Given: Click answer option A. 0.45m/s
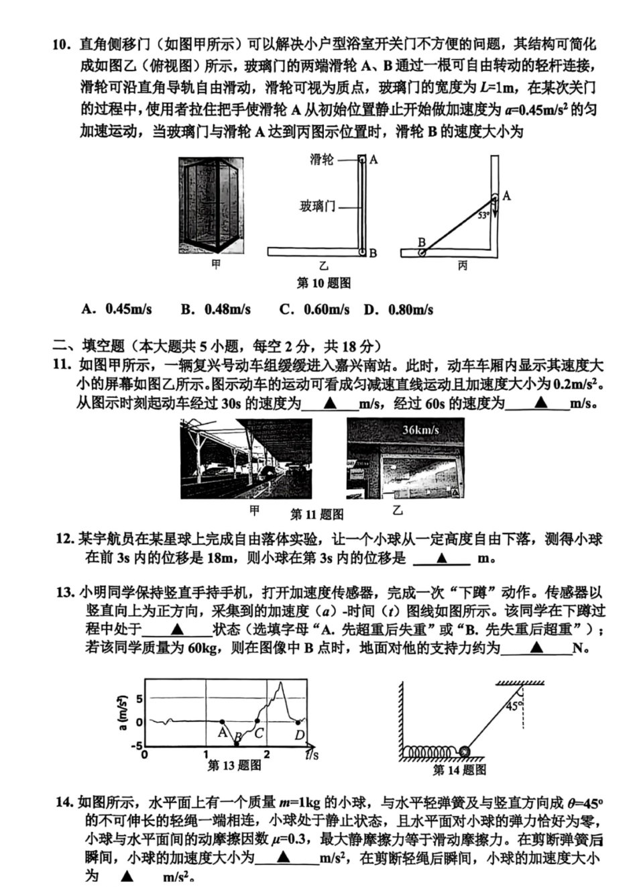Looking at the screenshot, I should coord(117,309).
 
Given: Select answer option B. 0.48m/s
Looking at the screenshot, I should coord(215,309).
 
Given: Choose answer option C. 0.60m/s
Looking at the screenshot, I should coord(314,309).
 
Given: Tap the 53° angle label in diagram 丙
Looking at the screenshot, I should coord(484,215).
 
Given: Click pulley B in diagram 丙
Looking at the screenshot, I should coord(422,253).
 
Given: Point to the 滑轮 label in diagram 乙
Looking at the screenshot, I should coord(322,160).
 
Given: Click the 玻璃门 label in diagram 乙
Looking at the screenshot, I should coord(317,207).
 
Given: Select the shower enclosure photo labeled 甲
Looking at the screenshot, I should coord(210,206).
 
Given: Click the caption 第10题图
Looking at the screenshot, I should coord(323,283).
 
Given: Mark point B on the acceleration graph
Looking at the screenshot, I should coord(237,743).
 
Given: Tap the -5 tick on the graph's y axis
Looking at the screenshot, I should coord(137,745).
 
